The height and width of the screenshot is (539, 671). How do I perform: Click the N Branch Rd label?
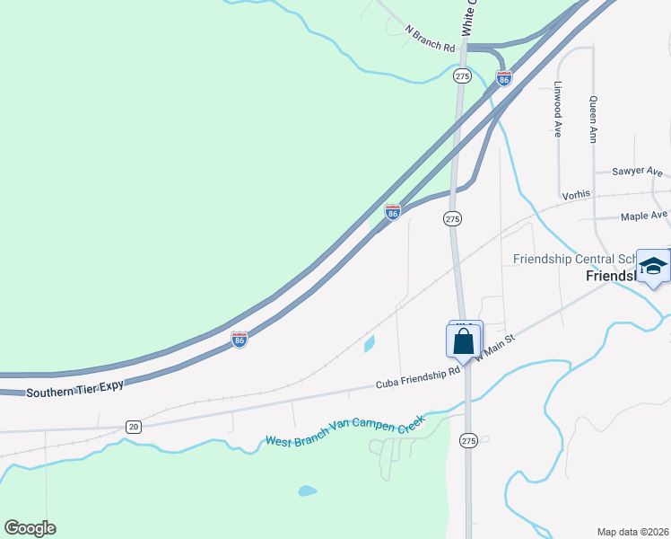pos(431,39)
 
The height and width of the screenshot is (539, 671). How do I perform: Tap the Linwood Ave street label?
pos(557,110)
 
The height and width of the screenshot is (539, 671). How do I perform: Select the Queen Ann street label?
pos(593,119)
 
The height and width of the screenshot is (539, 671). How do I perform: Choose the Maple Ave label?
pos(644,216)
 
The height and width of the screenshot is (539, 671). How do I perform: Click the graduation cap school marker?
pos(652,267)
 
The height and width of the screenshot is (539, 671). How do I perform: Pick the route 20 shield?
pos(134,426)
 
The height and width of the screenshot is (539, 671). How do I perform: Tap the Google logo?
pos(30,528)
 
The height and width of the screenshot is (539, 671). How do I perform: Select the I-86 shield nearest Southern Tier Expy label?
pos(239,339)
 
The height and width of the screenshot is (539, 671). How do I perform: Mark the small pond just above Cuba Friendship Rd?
pos(370,343)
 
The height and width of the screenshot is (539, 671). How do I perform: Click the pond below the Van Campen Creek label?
pos(307,491)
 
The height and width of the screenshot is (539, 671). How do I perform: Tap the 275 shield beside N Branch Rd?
pos(462,76)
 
